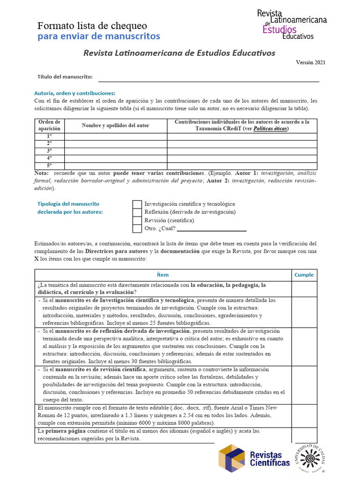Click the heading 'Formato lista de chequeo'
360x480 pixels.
pyautogui.click(x=92, y=25)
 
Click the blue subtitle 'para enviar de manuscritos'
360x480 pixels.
pyautogui.click(x=98, y=36)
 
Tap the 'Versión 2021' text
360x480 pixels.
pyautogui.click(x=310, y=62)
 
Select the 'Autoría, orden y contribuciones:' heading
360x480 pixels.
pyautogui.click(x=75, y=93)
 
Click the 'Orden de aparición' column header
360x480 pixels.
pyautogui.click(x=49, y=125)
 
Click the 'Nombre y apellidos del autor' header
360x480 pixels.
pyautogui.click(x=115, y=125)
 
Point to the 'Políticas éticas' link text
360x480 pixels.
pyautogui.click(x=270, y=128)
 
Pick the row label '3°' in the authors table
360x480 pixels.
pyautogui.click(x=49, y=151)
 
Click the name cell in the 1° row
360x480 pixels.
pyautogui.click(x=115, y=136)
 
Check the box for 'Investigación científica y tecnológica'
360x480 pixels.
pyautogui.click(x=137, y=204)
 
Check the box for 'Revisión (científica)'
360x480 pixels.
pyautogui.click(x=137, y=220)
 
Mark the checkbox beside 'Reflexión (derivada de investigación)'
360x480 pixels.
pyautogui.click(x=137, y=212)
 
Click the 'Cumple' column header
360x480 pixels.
pyautogui.click(x=304, y=275)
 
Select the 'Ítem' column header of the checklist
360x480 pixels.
pyautogui.click(x=163, y=275)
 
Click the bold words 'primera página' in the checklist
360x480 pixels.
pyautogui.click(x=64, y=430)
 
